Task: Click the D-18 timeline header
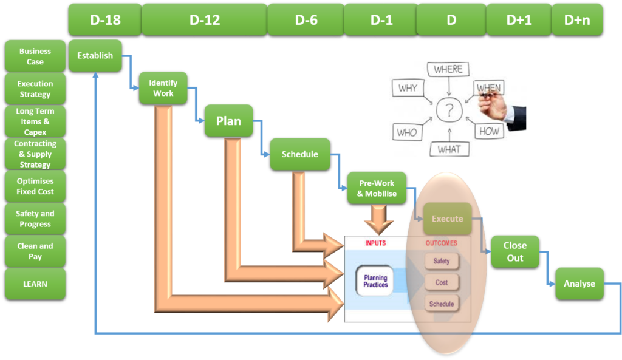click(105, 19)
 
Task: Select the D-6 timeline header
click(306, 19)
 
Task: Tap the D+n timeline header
click(577, 19)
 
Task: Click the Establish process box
click(95, 56)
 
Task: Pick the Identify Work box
click(163, 88)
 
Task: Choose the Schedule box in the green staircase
click(299, 154)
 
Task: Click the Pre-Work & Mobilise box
click(377, 188)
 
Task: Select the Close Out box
click(514, 251)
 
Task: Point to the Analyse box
click(579, 284)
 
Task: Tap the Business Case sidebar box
click(35, 56)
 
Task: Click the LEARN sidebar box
click(35, 284)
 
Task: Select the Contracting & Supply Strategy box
click(35, 154)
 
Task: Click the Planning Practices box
click(375, 281)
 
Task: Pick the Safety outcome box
click(442, 261)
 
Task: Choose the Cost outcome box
click(442, 282)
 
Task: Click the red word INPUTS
click(375, 243)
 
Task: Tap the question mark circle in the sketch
click(449, 110)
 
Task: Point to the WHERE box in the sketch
click(448, 70)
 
